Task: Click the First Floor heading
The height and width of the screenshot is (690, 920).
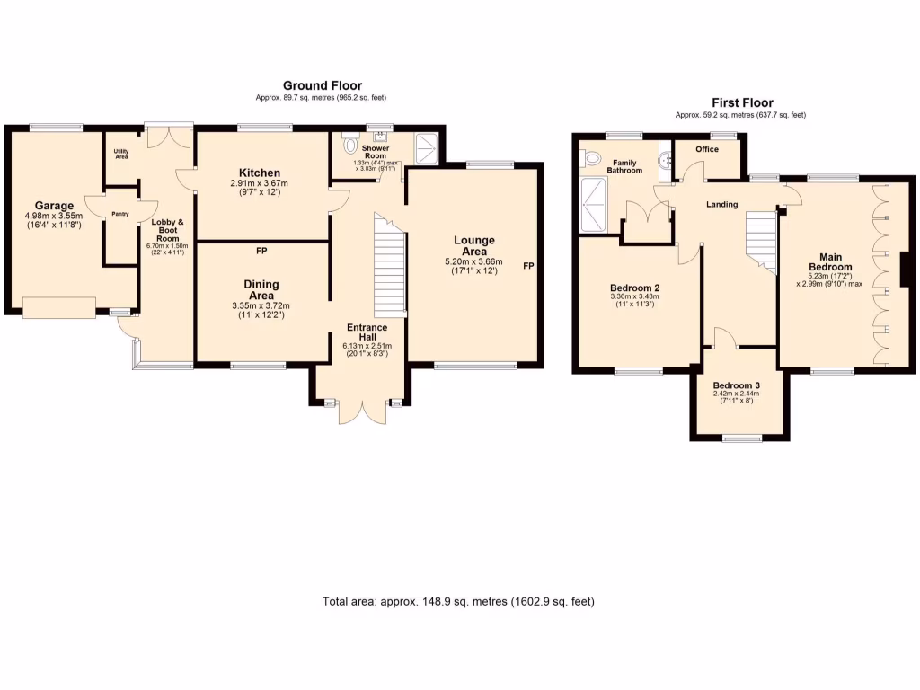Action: (x=742, y=102)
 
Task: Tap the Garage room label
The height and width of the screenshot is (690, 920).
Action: (x=54, y=206)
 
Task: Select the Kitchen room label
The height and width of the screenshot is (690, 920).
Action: (x=260, y=172)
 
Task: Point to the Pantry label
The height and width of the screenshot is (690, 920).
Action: (x=120, y=214)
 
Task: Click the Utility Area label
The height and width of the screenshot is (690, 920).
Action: (x=121, y=154)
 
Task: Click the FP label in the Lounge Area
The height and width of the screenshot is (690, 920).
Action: (x=529, y=266)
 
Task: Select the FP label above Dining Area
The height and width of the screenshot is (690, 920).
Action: (x=261, y=251)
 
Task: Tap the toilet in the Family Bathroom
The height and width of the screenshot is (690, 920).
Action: (x=591, y=158)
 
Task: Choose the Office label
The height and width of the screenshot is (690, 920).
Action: (x=707, y=149)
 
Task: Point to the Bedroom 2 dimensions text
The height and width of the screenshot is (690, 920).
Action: (x=634, y=301)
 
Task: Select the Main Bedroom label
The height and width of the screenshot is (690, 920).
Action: (x=830, y=261)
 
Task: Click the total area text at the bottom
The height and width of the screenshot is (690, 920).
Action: (x=458, y=601)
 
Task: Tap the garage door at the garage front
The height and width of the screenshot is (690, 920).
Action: (x=58, y=308)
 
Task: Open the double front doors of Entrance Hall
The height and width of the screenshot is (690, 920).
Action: (x=363, y=411)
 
